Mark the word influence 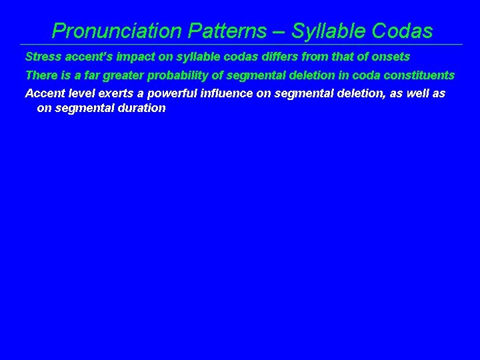pyautogui.click(x=227, y=93)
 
